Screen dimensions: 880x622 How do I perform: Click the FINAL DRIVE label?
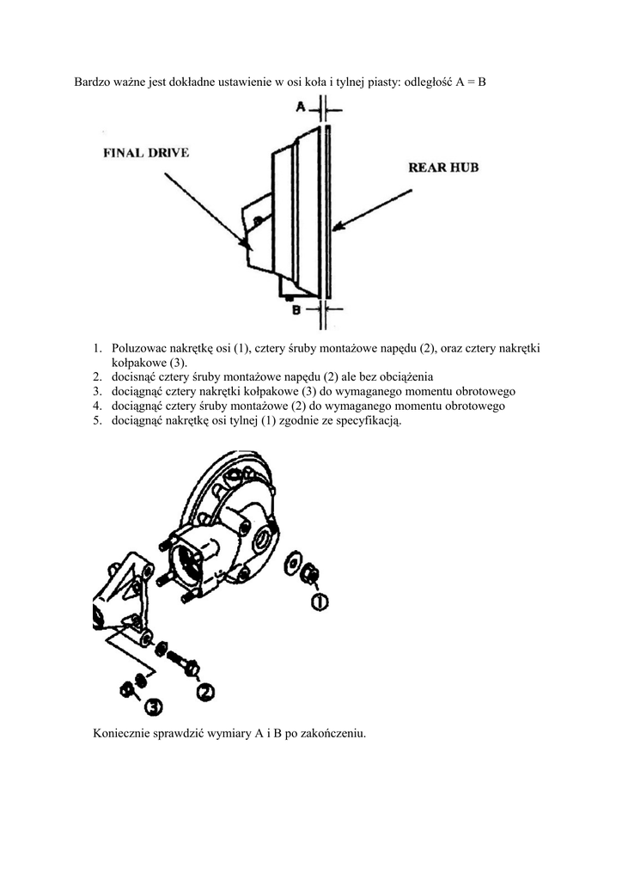tap(146, 153)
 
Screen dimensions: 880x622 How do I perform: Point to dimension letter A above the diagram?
tap(301, 107)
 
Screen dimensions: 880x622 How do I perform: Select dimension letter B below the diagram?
tap(296, 309)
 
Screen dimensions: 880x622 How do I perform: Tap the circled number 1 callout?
tap(319, 602)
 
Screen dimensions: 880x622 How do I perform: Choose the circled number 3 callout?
tap(153, 706)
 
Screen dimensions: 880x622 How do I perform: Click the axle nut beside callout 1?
tap(311, 573)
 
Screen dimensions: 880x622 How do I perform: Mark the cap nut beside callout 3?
tap(129, 689)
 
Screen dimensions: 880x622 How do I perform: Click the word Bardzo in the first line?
tap(92, 82)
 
